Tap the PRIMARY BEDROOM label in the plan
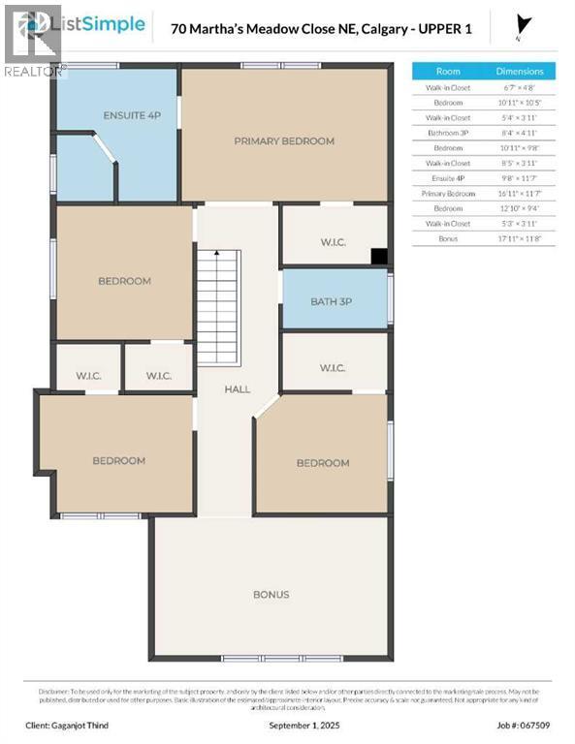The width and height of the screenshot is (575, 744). pyautogui.click(x=283, y=140)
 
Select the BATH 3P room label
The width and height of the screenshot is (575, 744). pyautogui.click(x=331, y=301)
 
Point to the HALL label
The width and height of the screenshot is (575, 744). pyautogui.click(x=237, y=388)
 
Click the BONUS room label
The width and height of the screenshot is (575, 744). pyautogui.click(x=271, y=594)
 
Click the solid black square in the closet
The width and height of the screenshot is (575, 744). pyautogui.click(x=380, y=257)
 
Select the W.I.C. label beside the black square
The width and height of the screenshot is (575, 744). pyautogui.click(x=333, y=242)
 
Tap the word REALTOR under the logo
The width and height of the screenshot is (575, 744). pyautogui.click(x=34, y=71)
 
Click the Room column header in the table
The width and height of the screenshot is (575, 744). pyautogui.click(x=448, y=71)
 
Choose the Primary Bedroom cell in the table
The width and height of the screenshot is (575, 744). pyautogui.click(x=448, y=193)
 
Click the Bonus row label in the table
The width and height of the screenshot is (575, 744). pyautogui.click(x=448, y=238)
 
